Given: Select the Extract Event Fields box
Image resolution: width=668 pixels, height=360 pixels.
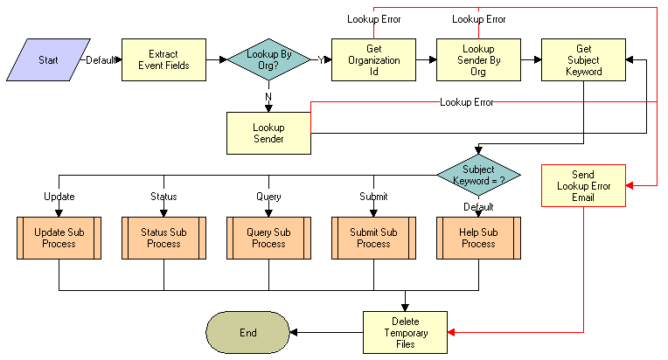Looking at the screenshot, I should [x=164, y=60].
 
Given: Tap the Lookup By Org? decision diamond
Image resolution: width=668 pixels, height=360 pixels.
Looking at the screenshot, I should [x=268, y=60].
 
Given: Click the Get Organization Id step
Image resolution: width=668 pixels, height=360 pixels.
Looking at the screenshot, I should [x=373, y=60].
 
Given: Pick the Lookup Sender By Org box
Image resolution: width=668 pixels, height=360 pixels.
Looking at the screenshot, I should [x=478, y=60].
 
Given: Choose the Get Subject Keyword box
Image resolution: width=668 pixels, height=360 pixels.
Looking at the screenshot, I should [x=583, y=60].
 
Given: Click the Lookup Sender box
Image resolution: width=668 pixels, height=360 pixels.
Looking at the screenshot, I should [x=268, y=133].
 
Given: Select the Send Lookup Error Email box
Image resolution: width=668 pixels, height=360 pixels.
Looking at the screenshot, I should [x=583, y=185].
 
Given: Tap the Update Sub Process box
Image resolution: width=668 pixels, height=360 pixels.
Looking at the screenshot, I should [x=59, y=238].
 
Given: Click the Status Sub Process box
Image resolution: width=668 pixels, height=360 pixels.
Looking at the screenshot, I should [x=164, y=238].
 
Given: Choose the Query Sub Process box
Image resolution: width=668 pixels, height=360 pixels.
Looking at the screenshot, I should [x=268, y=238].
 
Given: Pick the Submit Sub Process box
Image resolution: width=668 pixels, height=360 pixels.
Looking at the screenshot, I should [x=373, y=238].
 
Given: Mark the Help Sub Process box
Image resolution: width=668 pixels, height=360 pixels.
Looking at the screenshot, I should [x=478, y=238].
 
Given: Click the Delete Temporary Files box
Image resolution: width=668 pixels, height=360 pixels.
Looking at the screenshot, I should [x=405, y=333].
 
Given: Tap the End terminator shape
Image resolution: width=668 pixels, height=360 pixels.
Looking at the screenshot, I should [x=248, y=333].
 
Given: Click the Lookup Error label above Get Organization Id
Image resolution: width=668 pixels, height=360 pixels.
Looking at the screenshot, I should [x=373, y=18].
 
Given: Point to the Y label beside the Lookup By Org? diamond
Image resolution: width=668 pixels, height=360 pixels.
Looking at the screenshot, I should [x=320, y=59].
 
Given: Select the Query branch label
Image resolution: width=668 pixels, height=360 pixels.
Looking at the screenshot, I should [x=268, y=197].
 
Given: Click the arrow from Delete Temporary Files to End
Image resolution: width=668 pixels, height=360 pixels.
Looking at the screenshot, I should [x=325, y=333].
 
